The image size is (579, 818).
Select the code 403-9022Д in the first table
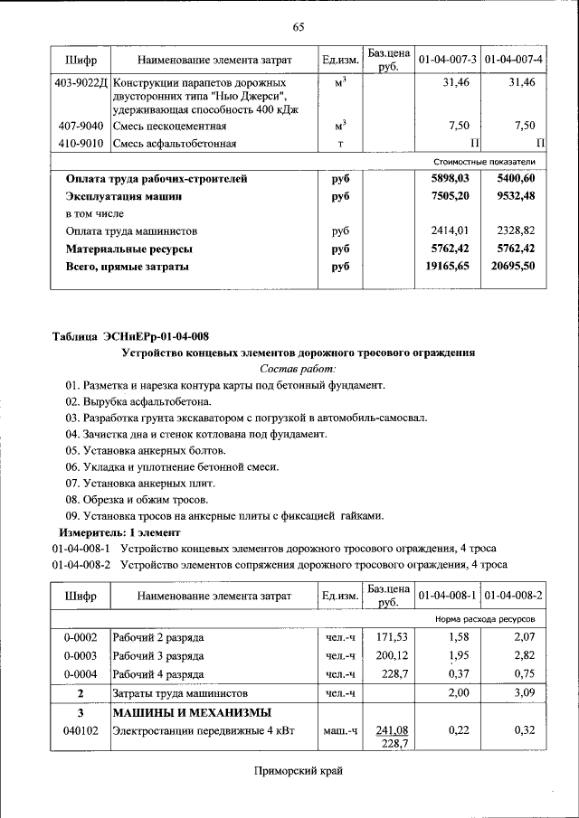click(x=81, y=82)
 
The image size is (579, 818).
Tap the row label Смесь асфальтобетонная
click(x=175, y=143)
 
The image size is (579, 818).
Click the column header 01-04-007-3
click(x=447, y=60)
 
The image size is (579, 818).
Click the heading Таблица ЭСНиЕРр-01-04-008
click(x=130, y=336)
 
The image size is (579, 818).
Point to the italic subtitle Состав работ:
click(x=298, y=369)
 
